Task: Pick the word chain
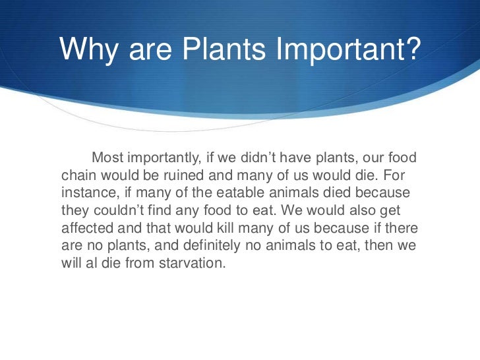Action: click(77, 176)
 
